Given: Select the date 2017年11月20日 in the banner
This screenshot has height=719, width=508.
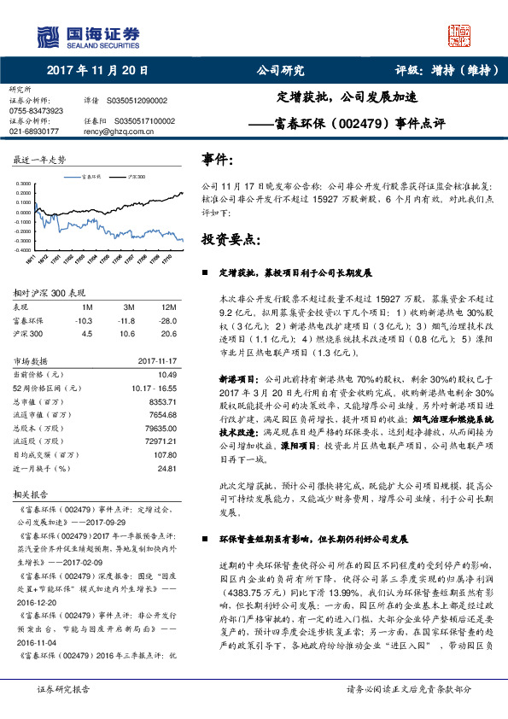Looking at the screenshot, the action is pos(97,71).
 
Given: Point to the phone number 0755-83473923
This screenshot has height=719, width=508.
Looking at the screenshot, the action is pos(36,111).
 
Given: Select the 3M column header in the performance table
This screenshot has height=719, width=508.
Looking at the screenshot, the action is pos(129,306).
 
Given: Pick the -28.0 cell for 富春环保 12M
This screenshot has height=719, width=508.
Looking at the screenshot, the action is pos(166,320).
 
